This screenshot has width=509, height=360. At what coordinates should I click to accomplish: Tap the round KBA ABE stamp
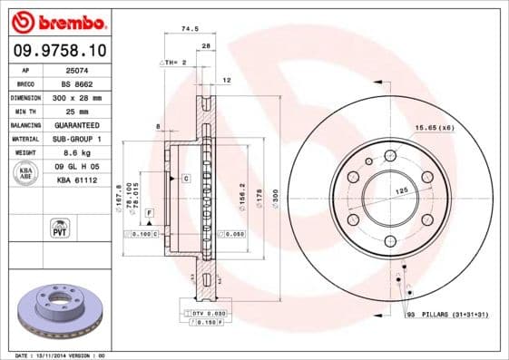pyautogui.click(x=26, y=172)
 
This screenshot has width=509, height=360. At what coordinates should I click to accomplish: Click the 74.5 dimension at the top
pyautogui.click(x=191, y=29)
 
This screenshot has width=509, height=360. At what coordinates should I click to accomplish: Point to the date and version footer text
pyautogui.click(x=61, y=355)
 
